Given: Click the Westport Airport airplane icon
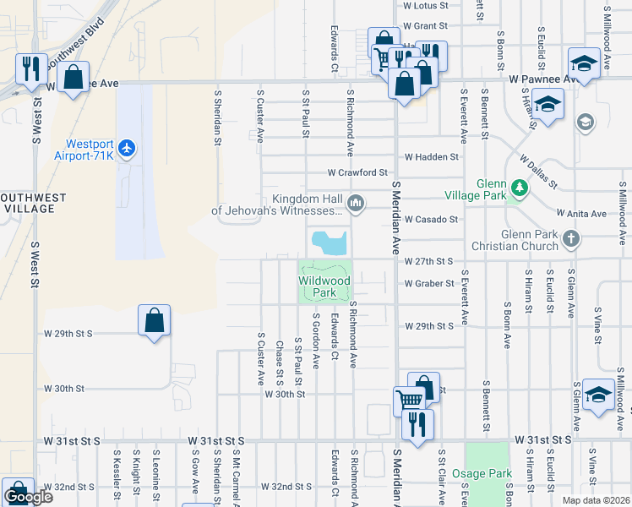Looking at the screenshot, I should click(x=127, y=149).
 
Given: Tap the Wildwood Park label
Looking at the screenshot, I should click(x=325, y=286).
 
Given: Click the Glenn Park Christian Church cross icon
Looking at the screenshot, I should click(x=571, y=239).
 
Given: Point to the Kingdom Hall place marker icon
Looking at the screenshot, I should click(x=356, y=204).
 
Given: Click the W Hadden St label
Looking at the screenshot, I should click(x=431, y=157).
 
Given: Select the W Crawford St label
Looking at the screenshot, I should click(x=357, y=172).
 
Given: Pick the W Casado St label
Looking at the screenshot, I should click(x=431, y=220).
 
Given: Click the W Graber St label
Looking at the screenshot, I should click(x=429, y=284).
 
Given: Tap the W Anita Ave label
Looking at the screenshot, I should click(x=581, y=214).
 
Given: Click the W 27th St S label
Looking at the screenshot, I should click(x=429, y=262).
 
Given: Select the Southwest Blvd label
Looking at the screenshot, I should click(x=75, y=42).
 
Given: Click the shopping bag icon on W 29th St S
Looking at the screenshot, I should click(x=155, y=320).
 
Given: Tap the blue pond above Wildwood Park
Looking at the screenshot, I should click(x=329, y=243).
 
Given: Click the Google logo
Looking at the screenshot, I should click(x=28, y=497).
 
